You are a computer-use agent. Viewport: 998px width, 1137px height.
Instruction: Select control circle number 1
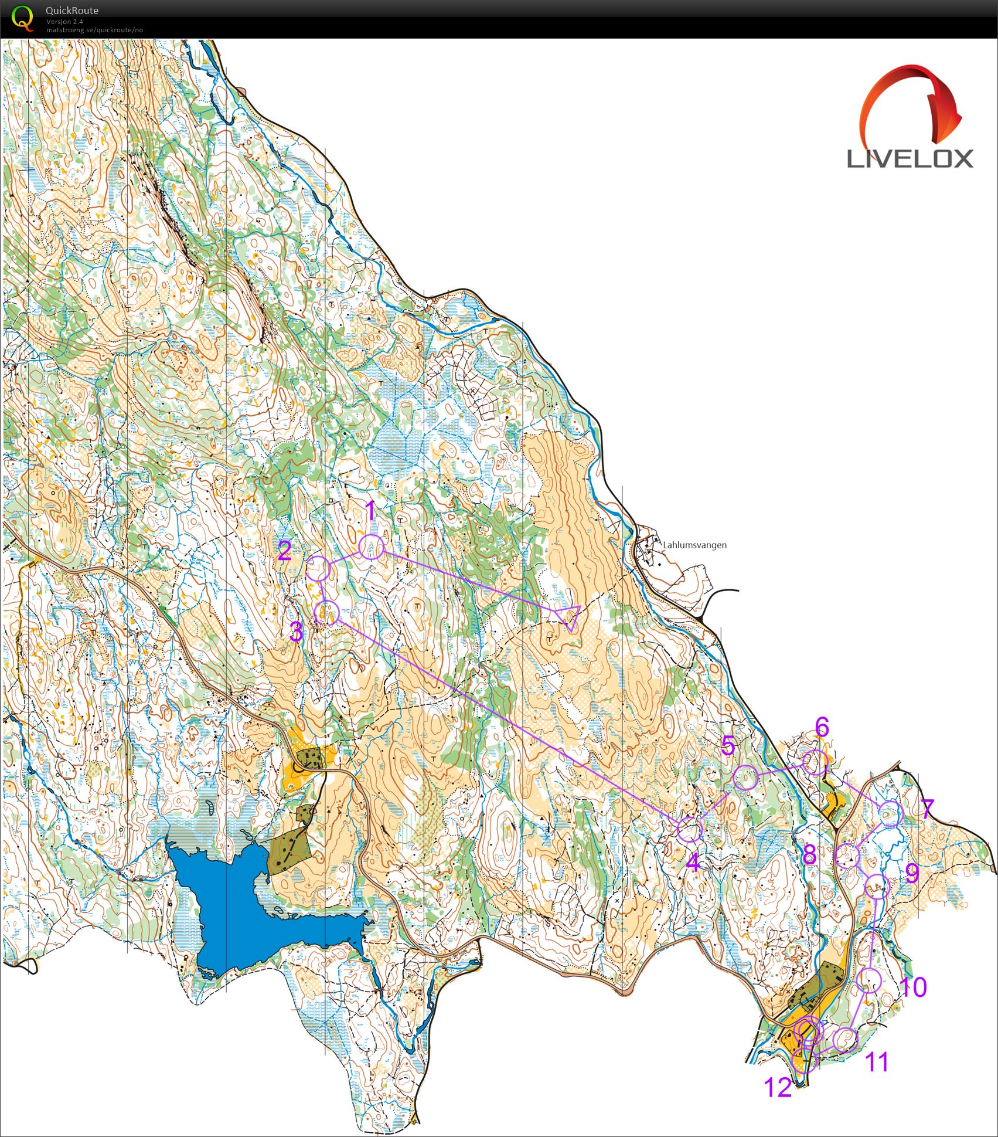pos(372,547)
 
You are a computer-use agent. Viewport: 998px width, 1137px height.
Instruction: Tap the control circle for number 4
pos(690,829)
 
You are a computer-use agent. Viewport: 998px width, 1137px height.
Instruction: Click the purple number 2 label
pos(285,552)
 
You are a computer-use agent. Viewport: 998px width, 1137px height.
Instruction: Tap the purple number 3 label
pos(297,633)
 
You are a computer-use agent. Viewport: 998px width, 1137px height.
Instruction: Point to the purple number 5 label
pos(728,746)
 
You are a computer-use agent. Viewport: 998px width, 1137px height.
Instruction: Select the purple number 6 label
pos(822,727)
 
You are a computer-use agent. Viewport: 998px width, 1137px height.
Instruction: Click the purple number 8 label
pos(809,854)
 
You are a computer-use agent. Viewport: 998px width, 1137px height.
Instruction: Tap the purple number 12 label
pos(778,1088)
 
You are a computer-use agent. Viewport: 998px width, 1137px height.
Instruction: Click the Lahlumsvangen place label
pos(694,545)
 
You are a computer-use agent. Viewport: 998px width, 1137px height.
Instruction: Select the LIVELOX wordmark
pos(910,159)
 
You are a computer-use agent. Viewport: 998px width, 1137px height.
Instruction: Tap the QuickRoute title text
pos(71,10)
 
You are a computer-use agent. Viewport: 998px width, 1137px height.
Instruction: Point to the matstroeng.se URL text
pos(94,30)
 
